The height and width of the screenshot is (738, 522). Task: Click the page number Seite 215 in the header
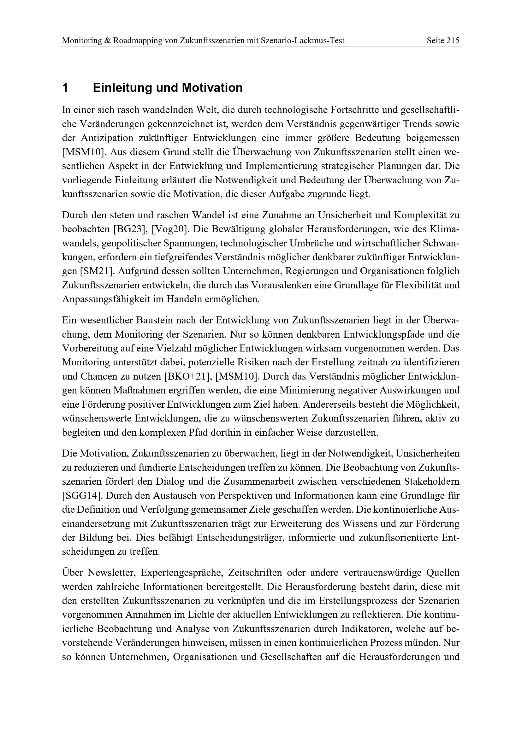pos(443,40)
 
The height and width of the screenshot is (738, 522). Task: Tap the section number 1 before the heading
pos(65,88)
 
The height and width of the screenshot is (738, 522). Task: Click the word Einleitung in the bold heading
pos(123,88)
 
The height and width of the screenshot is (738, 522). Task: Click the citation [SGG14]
pos(82,496)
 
